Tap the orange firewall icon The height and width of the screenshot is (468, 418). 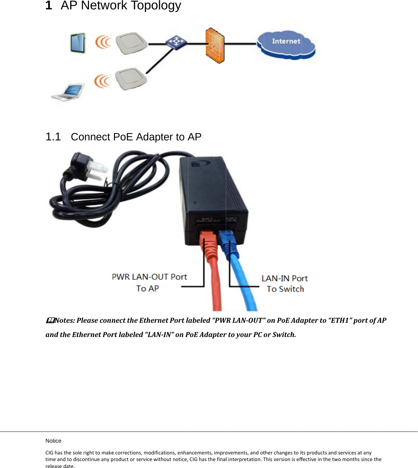click(x=215, y=46)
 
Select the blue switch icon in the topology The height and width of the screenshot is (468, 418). click(x=176, y=42)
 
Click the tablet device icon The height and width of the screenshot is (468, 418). click(x=78, y=43)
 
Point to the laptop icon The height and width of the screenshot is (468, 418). click(x=68, y=92)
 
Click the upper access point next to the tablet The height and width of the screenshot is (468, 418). click(x=131, y=43)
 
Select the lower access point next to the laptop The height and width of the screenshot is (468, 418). click(x=131, y=79)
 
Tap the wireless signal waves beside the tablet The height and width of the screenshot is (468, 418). click(x=103, y=42)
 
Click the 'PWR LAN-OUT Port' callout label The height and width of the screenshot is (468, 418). click(x=149, y=277)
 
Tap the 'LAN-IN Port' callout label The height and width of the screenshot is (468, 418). click(x=285, y=278)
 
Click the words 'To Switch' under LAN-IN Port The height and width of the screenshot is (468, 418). click(x=285, y=289)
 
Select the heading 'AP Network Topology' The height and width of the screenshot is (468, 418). click(x=121, y=6)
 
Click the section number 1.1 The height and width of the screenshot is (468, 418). click(x=53, y=137)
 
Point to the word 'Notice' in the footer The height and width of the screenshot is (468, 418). click(x=53, y=441)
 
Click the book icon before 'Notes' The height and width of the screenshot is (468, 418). click(x=50, y=320)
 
